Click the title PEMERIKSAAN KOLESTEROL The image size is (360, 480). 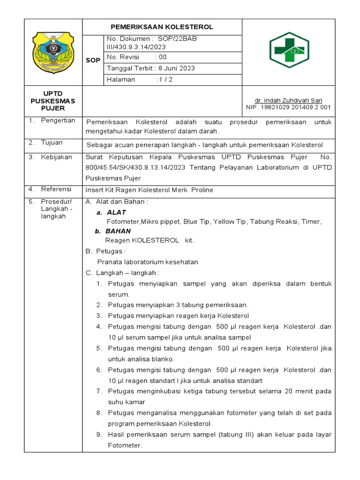162,27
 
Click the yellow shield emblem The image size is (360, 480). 52,52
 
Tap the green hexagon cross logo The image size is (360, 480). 289,52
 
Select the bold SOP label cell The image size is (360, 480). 92,60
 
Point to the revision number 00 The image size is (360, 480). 163,57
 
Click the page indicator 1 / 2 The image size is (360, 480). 165,79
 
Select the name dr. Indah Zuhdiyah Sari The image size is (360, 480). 288,100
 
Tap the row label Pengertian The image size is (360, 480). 58,120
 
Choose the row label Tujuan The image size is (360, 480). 52,142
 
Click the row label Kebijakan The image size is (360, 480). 56,157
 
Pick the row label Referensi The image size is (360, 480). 56,189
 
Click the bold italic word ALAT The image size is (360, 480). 116,212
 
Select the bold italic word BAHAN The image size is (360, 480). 118,231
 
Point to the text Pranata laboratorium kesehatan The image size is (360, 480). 147,262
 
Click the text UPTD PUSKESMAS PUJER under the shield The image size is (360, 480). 52,101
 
